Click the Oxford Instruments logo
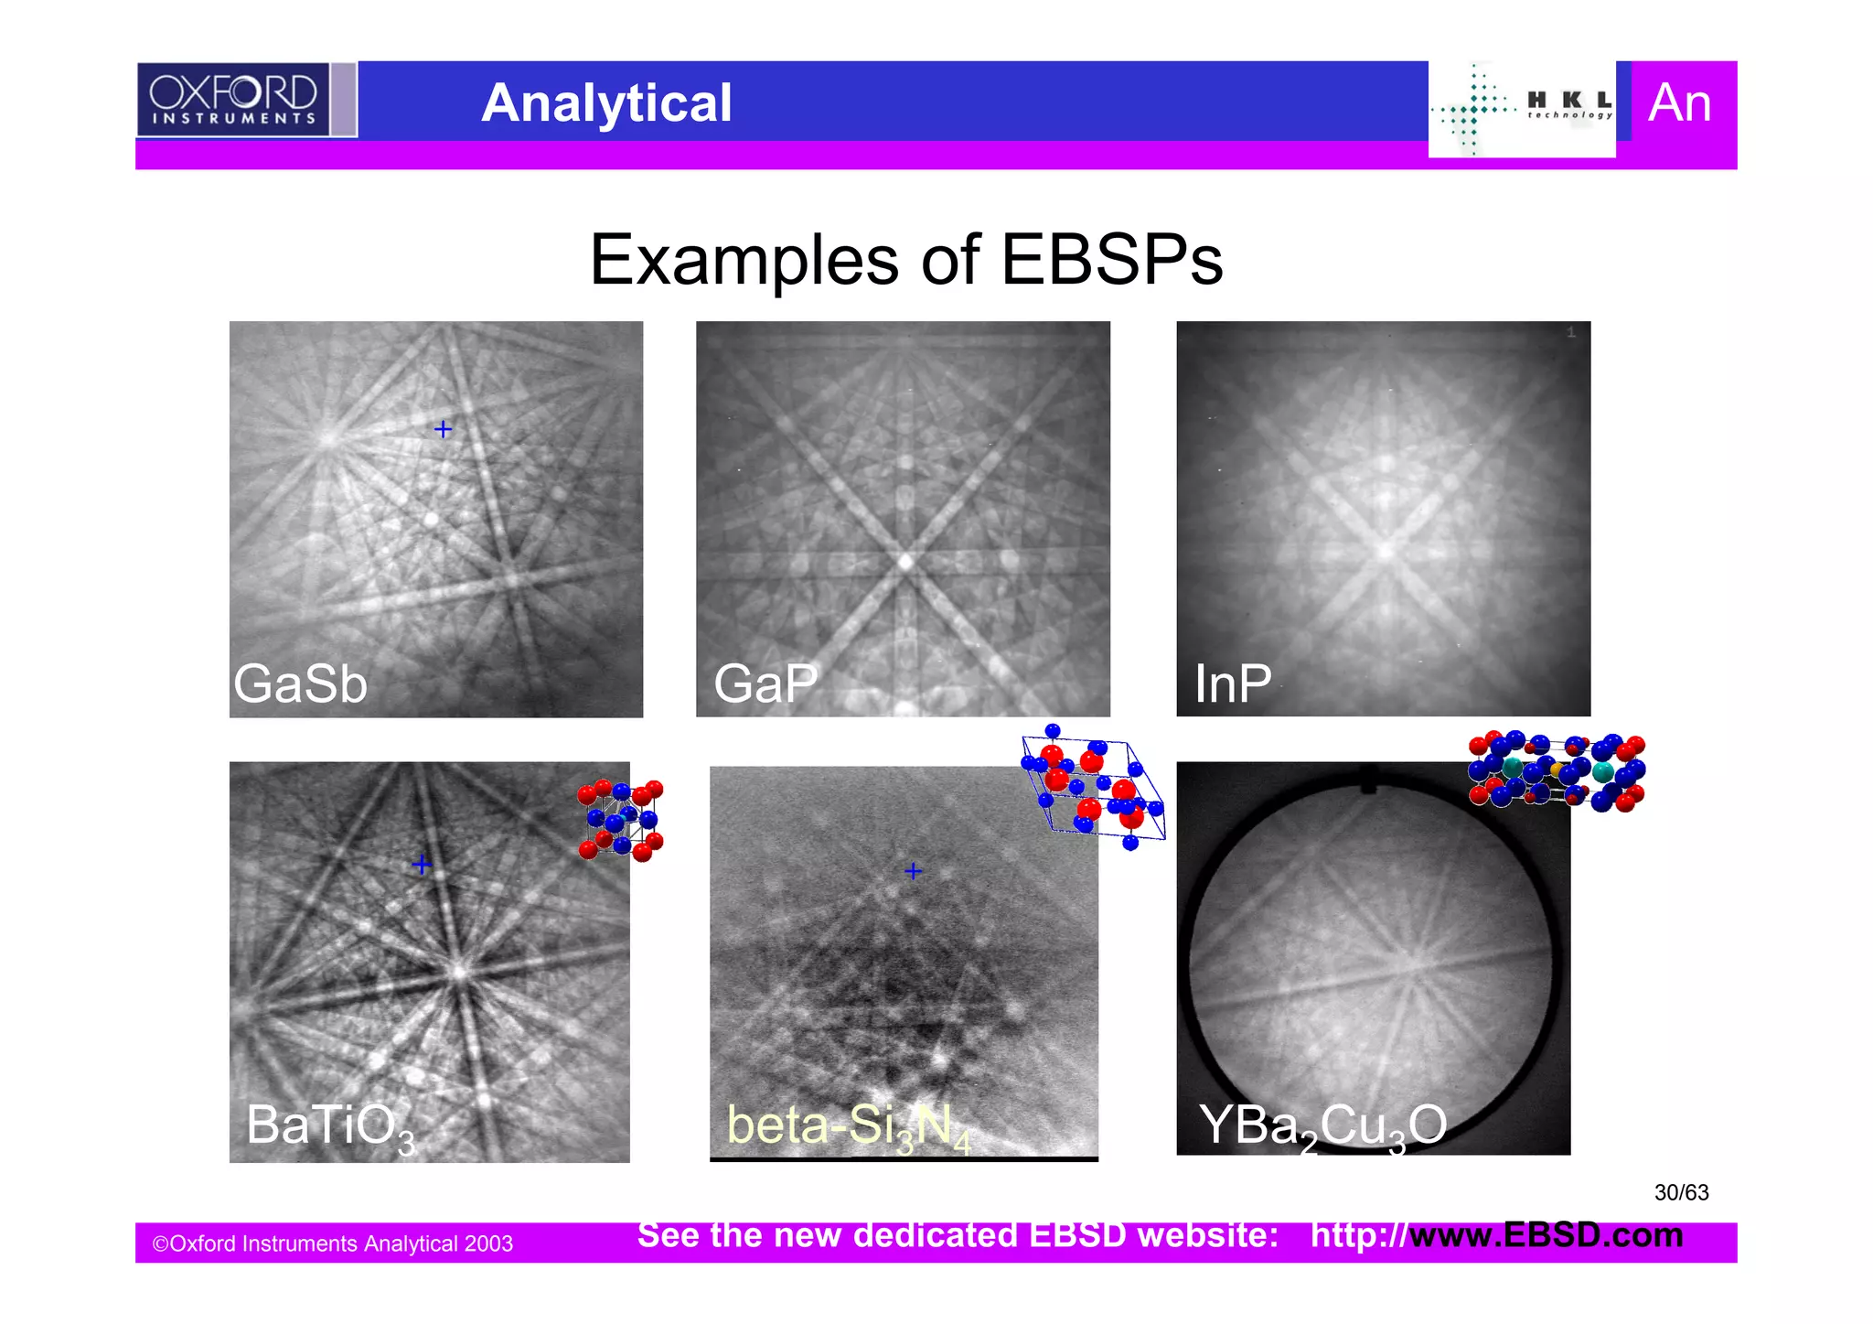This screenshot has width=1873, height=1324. pyautogui.click(x=233, y=99)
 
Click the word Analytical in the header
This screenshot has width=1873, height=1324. pyautogui.click(x=606, y=102)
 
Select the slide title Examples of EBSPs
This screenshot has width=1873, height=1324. pyautogui.click(x=905, y=260)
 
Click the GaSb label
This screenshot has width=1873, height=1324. pyautogui.click(x=300, y=684)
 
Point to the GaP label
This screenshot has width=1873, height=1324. pyautogui.click(x=765, y=684)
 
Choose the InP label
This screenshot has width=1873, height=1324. pyautogui.click(x=1232, y=684)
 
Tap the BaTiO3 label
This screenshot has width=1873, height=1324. pyautogui.click(x=329, y=1126)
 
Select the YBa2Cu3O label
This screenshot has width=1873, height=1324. pyautogui.click(x=1322, y=1126)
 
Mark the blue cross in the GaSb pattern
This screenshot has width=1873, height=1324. pyautogui.click(x=443, y=428)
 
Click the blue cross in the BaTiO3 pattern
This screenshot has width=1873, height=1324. pyautogui.click(x=421, y=864)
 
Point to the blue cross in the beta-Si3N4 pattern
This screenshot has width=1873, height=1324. pyautogui.click(x=913, y=871)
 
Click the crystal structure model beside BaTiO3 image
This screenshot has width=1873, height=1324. pyautogui.click(x=621, y=820)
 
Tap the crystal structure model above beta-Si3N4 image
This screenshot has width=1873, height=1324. pyautogui.click(x=1092, y=787)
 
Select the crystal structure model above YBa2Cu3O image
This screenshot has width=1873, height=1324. pyautogui.click(x=1556, y=771)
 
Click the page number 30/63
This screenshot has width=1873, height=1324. pyautogui.click(x=1681, y=1192)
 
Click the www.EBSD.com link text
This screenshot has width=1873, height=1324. pyautogui.click(x=1546, y=1235)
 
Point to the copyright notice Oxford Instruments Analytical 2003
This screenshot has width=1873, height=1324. pyautogui.click(x=332, y=1243)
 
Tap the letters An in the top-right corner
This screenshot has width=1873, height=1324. pyautogui.click(x=1679, y=102)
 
